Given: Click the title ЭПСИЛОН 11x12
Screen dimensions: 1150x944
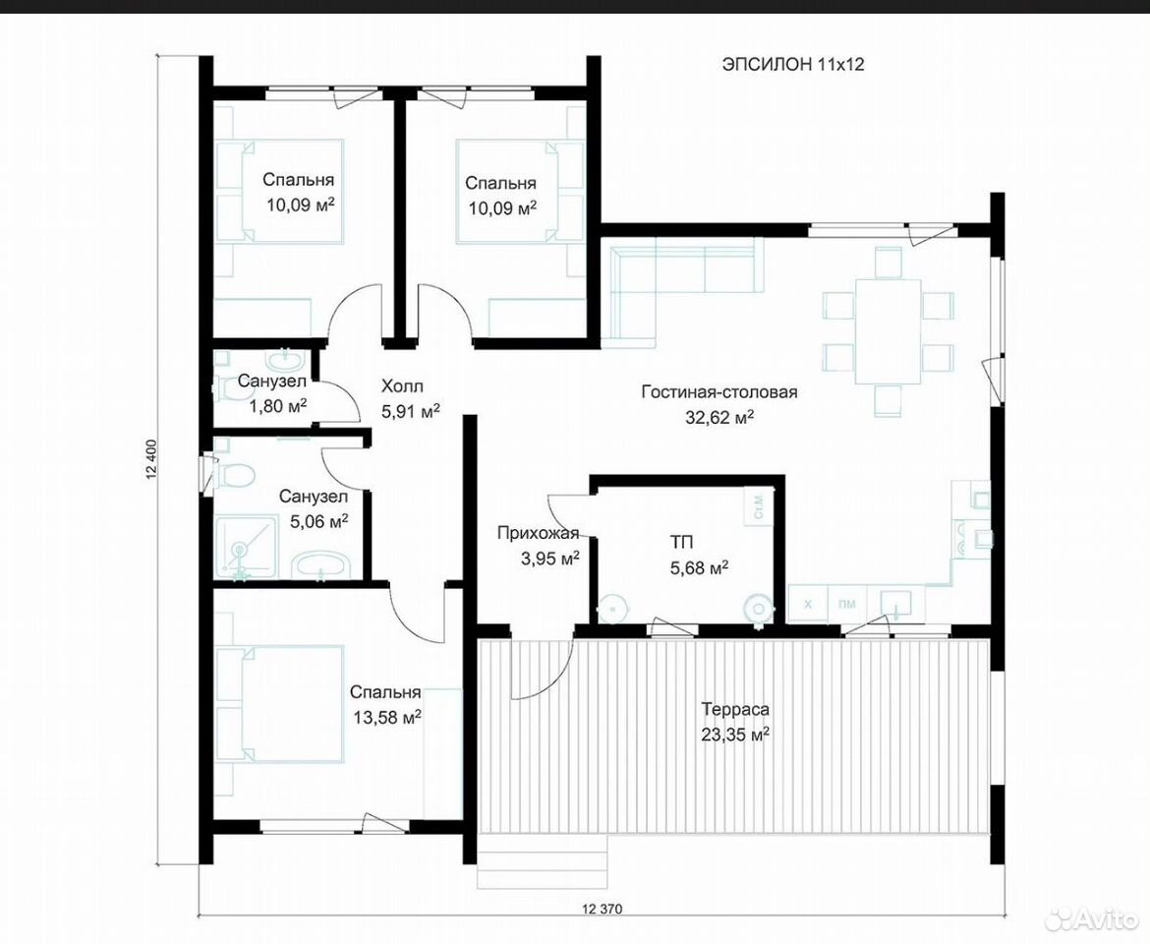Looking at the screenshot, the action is pos(793,65).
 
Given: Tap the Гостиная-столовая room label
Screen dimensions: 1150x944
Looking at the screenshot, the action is pos(719,392).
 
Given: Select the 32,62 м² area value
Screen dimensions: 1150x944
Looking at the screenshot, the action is pos(719,417).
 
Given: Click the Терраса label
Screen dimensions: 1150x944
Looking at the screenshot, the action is pos(735,709).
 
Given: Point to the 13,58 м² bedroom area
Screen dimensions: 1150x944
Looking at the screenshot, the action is pos(386,717).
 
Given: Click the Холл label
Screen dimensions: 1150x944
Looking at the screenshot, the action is pos(402,386).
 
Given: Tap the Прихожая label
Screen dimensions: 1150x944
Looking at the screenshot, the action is pos(538,533).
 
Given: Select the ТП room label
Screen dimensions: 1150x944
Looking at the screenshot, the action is pos(680,542).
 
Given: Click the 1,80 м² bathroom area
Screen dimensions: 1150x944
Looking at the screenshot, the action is pos(278,405).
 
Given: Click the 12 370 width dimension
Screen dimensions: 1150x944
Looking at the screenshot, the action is pos(602,910).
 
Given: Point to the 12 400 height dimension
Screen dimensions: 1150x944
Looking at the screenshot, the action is pos(152,459).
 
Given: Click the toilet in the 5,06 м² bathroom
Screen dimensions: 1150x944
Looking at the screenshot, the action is pos(235,475).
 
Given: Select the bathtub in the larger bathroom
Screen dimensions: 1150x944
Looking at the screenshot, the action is pos(321,566).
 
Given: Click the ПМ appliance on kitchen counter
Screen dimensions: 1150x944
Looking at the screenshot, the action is pos(847,605).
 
